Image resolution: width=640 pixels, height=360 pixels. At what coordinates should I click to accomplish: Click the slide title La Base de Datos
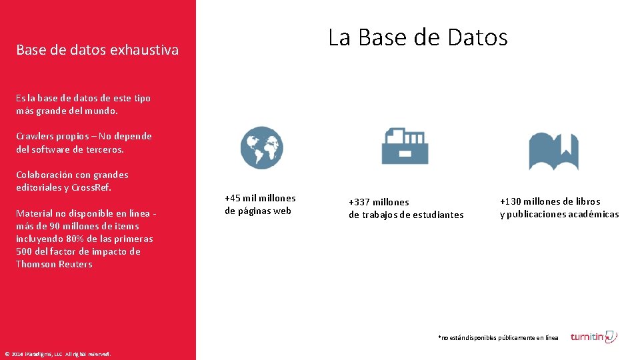[x=417, y=37]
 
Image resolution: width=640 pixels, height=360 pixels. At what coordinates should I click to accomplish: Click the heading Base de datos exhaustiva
[x=97, y=50]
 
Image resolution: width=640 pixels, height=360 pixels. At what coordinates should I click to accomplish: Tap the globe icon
[x=261, y=147]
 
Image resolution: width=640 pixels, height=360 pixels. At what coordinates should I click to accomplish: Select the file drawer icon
[x=405, y=146]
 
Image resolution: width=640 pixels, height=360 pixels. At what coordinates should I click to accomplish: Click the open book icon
[x=553, y=151]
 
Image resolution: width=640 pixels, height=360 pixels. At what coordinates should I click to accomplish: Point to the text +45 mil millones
[x=260, y=198]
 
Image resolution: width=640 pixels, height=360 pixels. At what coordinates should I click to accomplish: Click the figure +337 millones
[x=379, y=202]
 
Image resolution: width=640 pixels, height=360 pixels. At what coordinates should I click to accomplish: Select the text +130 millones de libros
[x=550, y=201]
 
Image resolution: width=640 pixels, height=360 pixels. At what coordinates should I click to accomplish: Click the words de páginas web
[x=258, y=211]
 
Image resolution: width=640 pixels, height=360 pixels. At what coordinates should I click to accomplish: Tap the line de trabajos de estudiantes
[x=406, y=215]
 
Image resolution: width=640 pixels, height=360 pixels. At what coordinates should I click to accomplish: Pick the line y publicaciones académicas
[x=559, y=214]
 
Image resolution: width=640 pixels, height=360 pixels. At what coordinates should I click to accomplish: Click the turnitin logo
[x=593, y=337]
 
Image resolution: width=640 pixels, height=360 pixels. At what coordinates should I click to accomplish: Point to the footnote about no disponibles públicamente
[x=498, y=338]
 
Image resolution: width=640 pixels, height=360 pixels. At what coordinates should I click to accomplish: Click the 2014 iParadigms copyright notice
[x=57, y=353]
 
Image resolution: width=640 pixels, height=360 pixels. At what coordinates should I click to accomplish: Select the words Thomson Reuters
[x=54, y=264]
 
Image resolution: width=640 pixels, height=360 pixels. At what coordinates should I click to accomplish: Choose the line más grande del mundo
[x=67, y=111]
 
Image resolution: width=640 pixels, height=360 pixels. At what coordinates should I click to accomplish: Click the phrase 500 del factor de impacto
[x=78, y=251]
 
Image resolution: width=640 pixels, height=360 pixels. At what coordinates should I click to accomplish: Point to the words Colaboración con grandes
[x=72, y=175]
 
